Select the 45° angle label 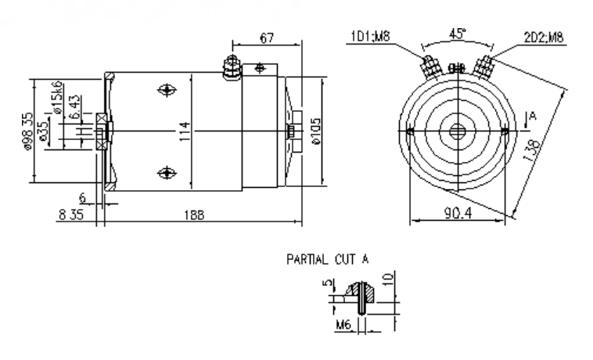pos(455,35)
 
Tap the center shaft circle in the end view pos(457,130)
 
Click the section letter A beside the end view pos(534,117)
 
